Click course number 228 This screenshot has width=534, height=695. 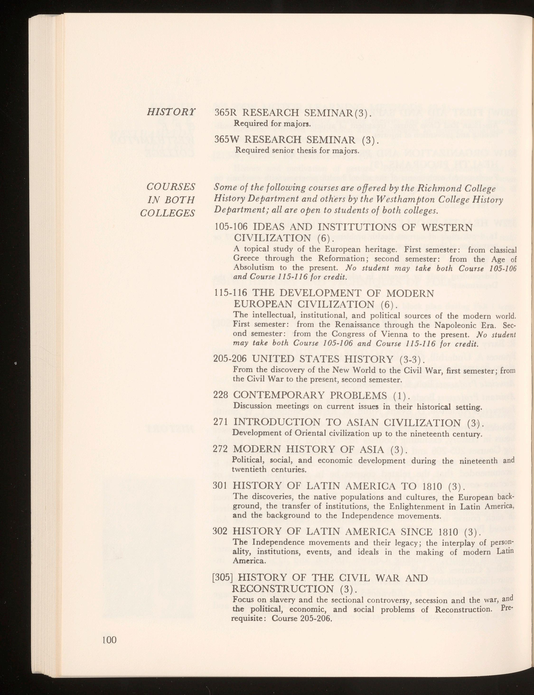pos(221,396)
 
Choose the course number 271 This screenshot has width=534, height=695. pos(221,423)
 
